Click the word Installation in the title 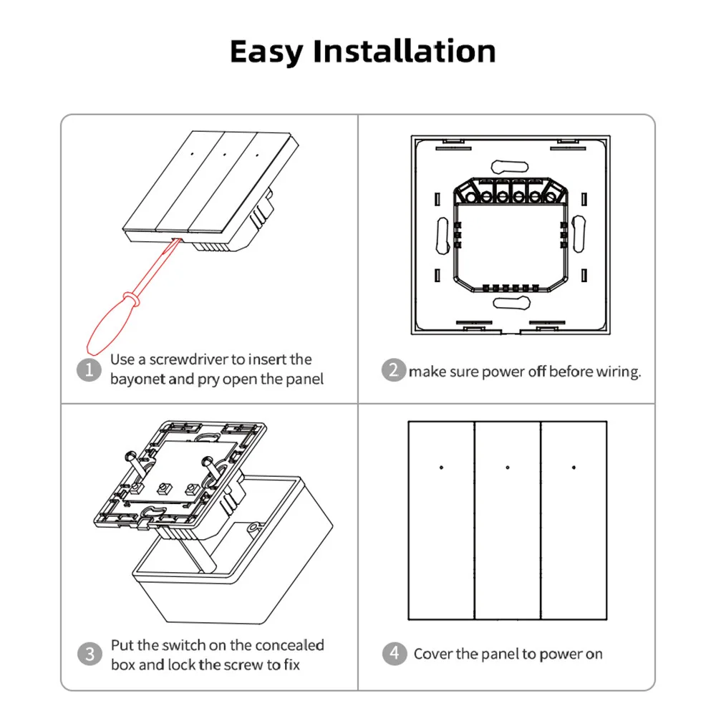click(405, 52)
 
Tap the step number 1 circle click(89, 370)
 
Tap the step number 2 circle click(393, 371)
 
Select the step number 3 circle click(89, 654)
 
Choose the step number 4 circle click(393, 654)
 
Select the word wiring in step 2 click(617, 372)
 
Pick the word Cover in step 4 click(432, 654)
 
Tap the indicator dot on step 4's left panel click(441, 468)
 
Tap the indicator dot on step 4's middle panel click(508, 468)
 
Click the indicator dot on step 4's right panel click(574, 468)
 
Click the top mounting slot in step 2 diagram click(508, 164)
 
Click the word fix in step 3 click(290, 665)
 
